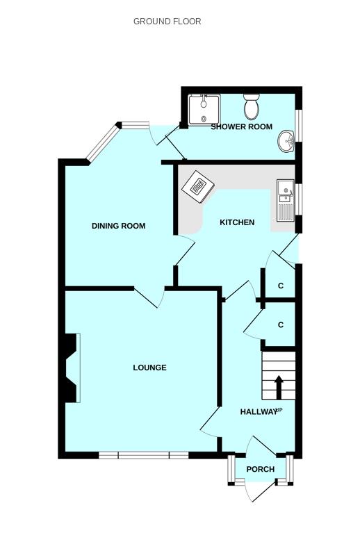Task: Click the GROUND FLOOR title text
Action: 167,21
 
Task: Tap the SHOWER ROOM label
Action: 242,126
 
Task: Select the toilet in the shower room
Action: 251,106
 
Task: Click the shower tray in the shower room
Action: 204,109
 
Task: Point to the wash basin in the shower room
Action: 286,141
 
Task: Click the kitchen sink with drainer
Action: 286,201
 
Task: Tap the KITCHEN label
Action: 237,222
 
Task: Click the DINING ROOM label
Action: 118,226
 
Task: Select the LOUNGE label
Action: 149,368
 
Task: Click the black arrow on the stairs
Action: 279,386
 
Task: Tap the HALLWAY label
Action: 259,412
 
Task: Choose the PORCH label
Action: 261,470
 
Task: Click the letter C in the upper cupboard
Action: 281,286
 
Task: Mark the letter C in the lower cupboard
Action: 281,324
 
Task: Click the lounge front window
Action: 143,455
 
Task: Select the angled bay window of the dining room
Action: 103,143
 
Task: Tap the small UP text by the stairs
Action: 279,410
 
